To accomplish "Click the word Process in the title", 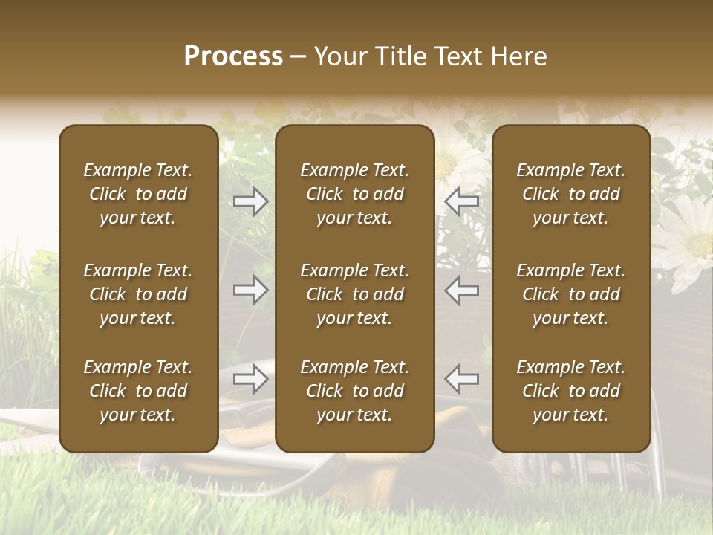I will tap(233, 56).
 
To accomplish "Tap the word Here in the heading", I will tap(518, 56).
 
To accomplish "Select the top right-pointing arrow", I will tap(251, 201).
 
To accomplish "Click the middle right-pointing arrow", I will tap(251, 290).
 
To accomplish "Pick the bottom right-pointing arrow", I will tap(251, 379).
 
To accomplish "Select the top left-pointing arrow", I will tap(462, 201).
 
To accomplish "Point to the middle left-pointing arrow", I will tap(462, 290).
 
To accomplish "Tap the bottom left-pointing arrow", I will tap(462, 379).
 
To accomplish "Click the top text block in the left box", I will tap(138, 194).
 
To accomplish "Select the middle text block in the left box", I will tap(138, 294).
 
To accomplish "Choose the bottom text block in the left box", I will tap(138, 391).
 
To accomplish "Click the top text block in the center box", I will tap(355, 194).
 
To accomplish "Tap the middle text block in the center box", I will tap(355, 294).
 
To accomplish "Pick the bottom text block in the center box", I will tap(355, 391).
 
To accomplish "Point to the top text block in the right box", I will tap(571, 194).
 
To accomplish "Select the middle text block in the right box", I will tap(571, 294).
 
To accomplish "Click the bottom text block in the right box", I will tap(571, 391).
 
